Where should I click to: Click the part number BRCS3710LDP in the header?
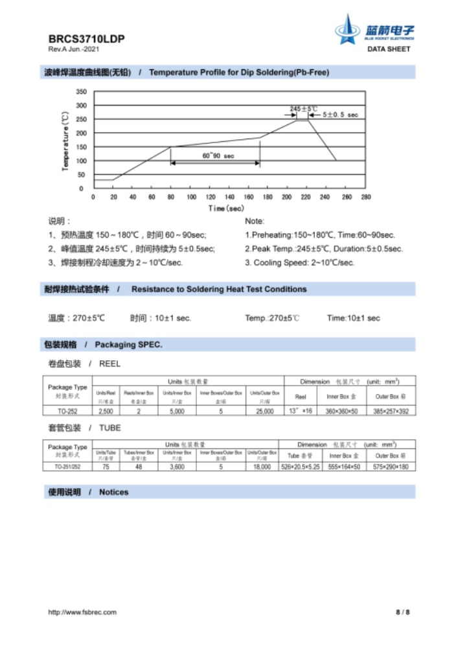pyautogui.click(x=86, y=39)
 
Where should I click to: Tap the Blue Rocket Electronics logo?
pyautogui.click(x=374, y=30)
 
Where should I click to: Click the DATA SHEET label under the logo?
pyautogui.click(x=389, y=49)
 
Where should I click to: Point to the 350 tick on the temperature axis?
pyautogui.click(x=81, y=92)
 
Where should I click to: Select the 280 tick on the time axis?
pyautogui.click(x=366, y=197)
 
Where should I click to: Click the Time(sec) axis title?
pyautogui.click(x=226, y=208)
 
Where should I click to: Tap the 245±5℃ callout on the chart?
pyautogui.click(x=303, y=108)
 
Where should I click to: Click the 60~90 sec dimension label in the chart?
pyautogui.click(x=214, y=156)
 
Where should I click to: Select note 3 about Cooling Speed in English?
pyautogui.click(x=299, y=262)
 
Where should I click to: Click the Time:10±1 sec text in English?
pyautogui.click(x=353, y=318)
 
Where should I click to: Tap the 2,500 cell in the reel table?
pyautogui.click(x=106, y=411)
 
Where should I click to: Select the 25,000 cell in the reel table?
pyautogui.click(x=264, y=411)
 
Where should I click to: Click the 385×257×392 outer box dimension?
pyautogui.click(x=391, y=411)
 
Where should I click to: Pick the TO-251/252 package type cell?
pyautogui.click(x=67, y=467)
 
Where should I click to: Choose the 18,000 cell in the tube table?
pyautogui.click(x=262, y=467)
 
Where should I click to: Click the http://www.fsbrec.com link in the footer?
pyautogui.click(x=82, y=612)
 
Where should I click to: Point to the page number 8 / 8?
pyautogui.click(x=402, y=612)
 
